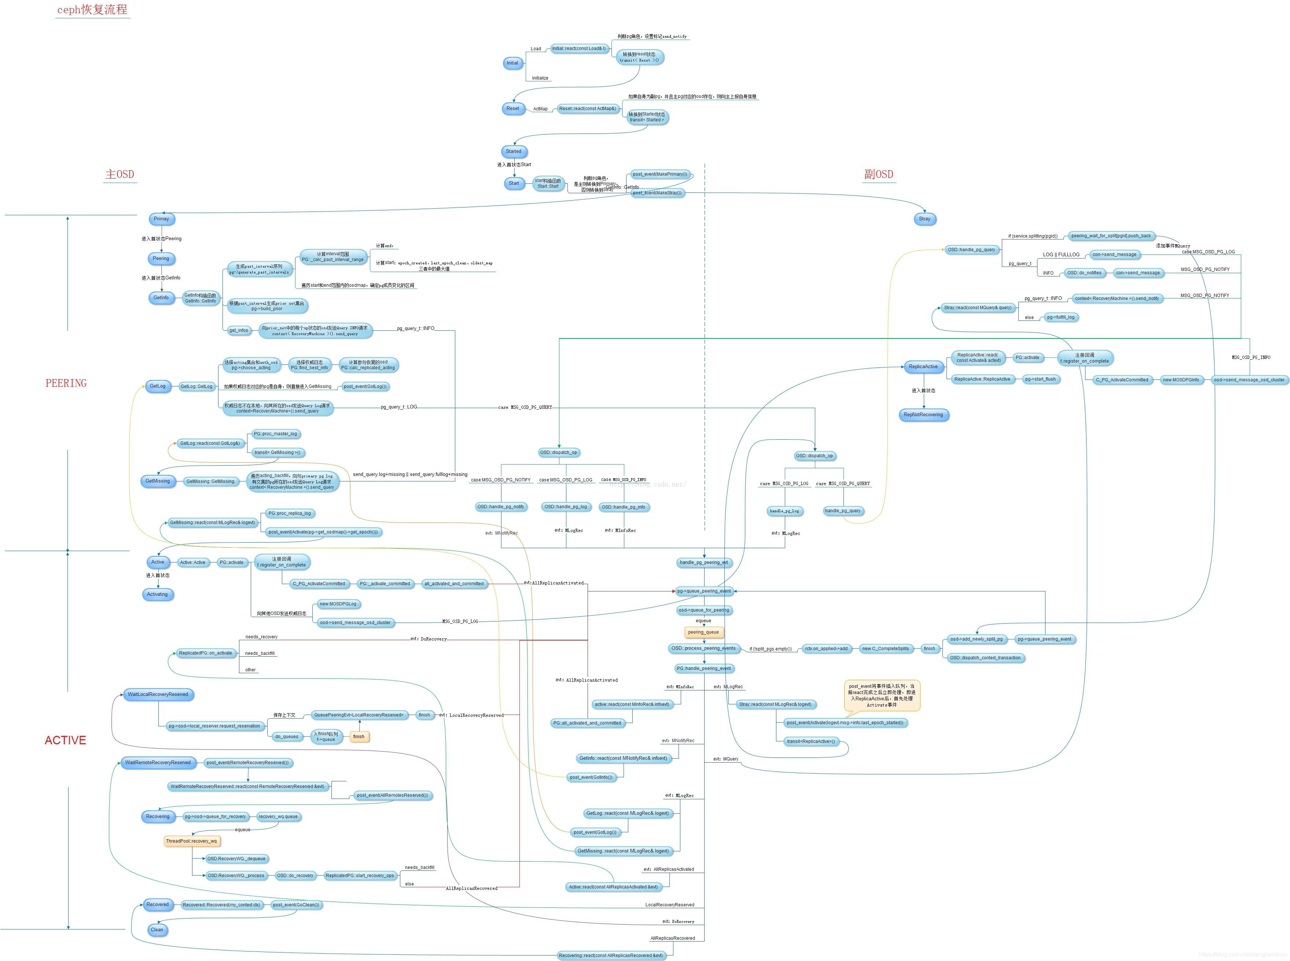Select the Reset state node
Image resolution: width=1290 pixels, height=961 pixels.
(x=512, y=109)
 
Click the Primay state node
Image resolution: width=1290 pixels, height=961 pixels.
(x=161, y=219)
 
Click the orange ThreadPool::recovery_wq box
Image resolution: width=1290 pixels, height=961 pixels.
(x=191, y=841)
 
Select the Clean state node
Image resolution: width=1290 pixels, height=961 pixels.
(x=157, y=929)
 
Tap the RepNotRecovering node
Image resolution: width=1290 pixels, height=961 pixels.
(x=923, y=415)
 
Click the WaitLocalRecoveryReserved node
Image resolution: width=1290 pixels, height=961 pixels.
(x=158, y=694)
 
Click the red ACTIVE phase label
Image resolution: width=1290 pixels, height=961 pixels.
(x=65, y=740)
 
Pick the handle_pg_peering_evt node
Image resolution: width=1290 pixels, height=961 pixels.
(x=704, y=562)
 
